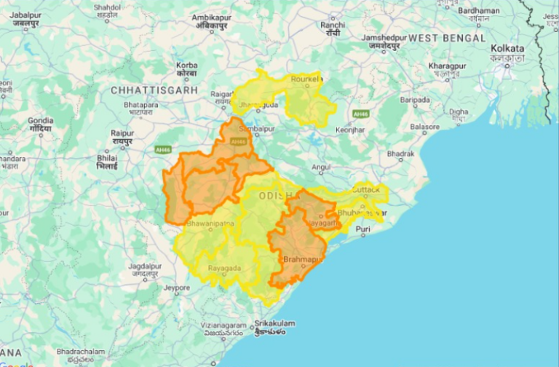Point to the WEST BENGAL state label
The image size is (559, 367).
(446, 37)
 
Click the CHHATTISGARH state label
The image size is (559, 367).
(154, 90)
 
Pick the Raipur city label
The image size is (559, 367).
(122, 133)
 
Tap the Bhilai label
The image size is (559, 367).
(107, 157)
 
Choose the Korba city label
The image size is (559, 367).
(186, 66)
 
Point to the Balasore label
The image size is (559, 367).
(424, 127)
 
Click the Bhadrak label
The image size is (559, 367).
(400, 154)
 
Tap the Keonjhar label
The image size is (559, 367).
(349, 130)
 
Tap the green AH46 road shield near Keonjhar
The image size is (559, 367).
(360, 114)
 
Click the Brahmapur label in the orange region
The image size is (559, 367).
(302, 259)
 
